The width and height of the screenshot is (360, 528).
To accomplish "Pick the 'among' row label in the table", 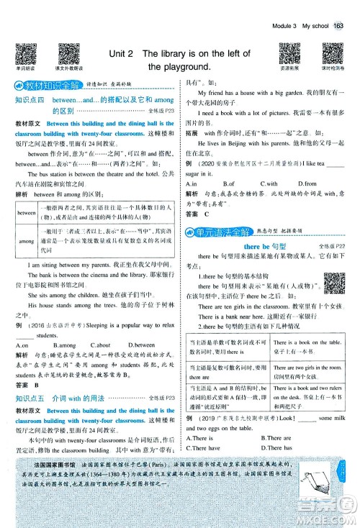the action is (27, 242).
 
